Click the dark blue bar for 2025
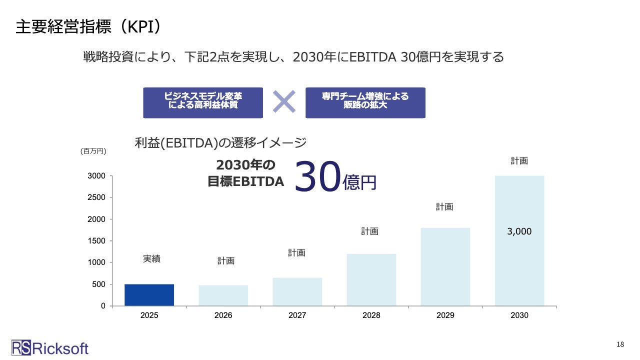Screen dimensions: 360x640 149,294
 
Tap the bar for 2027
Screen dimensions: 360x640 297,291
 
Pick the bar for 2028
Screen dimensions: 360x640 371,279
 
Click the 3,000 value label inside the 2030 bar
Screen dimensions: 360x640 519,231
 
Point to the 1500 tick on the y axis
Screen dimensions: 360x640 98,240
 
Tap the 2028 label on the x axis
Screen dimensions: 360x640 371,315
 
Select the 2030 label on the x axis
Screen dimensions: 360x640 519,315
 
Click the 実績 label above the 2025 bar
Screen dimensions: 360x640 151,259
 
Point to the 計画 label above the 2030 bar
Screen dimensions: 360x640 519,161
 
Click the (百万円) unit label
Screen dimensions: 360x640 93,150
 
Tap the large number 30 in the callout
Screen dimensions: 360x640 317,177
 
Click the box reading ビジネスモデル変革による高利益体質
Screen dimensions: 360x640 202,102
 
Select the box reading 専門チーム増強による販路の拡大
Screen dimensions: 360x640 365,102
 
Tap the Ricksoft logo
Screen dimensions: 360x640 50,347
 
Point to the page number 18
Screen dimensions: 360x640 620,344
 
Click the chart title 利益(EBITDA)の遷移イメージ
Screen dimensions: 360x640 220,143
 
